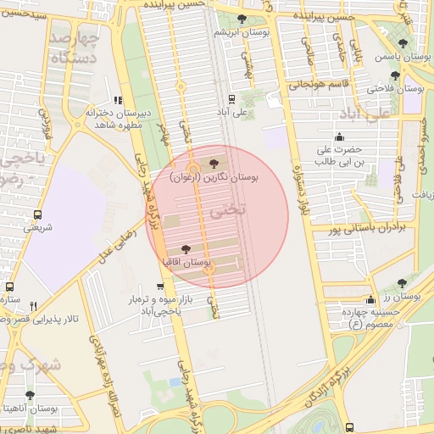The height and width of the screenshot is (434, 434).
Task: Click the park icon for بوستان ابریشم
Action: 242,18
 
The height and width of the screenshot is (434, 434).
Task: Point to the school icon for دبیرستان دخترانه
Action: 117,99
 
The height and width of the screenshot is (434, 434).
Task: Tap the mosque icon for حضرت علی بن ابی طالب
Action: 340,137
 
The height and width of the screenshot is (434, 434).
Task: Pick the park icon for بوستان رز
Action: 402,283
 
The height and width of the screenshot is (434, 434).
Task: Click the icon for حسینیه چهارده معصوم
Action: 371,299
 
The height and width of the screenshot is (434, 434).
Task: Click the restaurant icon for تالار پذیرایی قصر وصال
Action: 33,306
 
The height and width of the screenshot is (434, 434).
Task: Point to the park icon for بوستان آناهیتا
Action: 31,395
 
